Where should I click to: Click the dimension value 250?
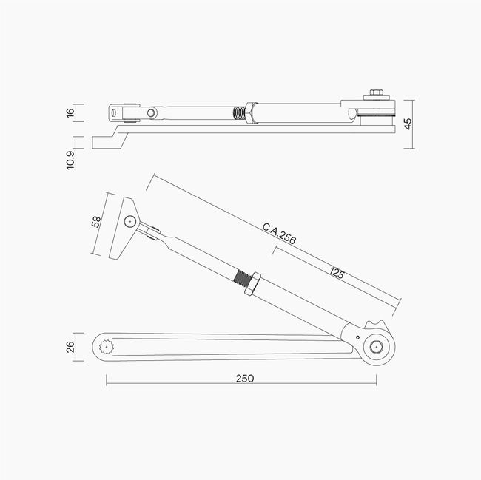(x=245, y=379)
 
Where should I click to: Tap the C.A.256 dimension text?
(x=279, y=234)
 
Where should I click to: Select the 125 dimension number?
(x=337, y=272)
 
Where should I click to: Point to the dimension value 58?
(x=96, y=222)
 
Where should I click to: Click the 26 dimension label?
(x=70, y=347)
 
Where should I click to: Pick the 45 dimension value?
(x=408, y=124)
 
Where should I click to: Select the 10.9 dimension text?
(x=70, y=160)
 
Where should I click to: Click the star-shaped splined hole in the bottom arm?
(x=107, y=347)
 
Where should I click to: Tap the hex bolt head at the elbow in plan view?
(x=375, y=347)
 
